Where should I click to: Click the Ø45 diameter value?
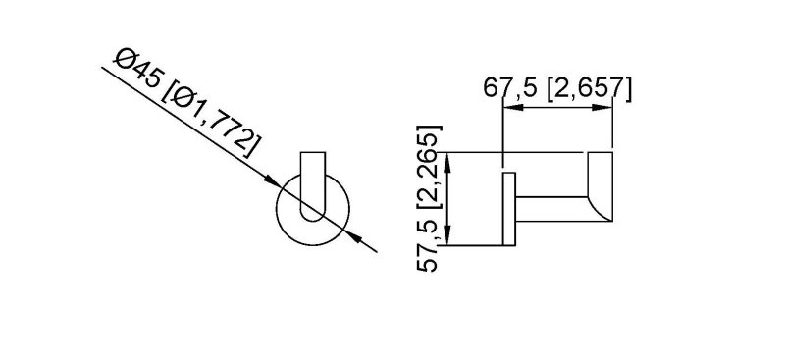click(138, 69)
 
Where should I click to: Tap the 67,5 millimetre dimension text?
click(510, 88)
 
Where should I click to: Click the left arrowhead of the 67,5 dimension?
click(512, 107)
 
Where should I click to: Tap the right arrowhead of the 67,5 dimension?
click(602, 107)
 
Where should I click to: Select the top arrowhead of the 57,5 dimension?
click(448, 162)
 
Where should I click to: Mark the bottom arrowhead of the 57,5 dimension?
click(448, 235)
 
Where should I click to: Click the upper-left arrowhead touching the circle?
click(272, 180)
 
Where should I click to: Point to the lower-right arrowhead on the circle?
click(353, 236)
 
